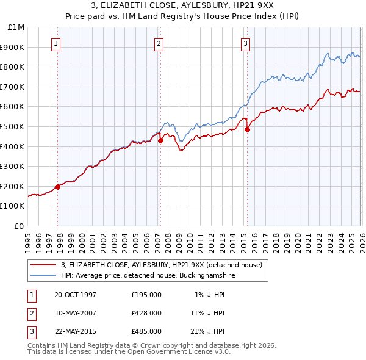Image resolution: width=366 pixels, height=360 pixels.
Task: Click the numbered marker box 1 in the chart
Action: point(56,43)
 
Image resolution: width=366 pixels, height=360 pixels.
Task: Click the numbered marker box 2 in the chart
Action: point(159,43)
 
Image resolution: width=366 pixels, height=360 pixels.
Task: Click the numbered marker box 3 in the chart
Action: point(245,43)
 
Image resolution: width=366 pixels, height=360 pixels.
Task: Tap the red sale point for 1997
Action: point(58,187)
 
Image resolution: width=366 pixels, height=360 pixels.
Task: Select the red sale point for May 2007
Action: point(160,140)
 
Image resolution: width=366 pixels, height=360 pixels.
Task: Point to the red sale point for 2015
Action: point(247,129)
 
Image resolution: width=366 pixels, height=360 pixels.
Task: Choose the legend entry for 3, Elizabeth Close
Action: point(162,265)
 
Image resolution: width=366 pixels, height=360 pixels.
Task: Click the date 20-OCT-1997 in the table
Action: point(76,294)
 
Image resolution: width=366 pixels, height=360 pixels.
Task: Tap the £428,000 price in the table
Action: point(146,313)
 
